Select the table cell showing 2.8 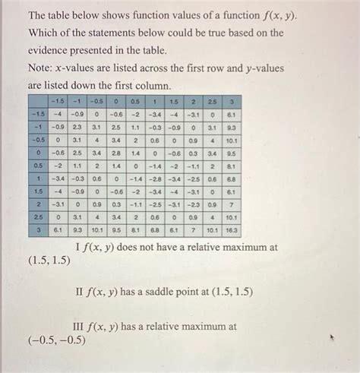pyautogui.click(x=116, y=152)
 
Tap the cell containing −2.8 pyautogui.click(x=154, y=178)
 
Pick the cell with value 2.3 pyautogui.click(x=77, y=126)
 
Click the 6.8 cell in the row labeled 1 pyautogui.click(x=232, y=178)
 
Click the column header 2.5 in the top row pyautogui.click(x=213, y=100)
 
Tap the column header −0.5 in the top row pyautogui.click(x=96, y=100)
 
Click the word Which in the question pyautogui.click(x=44, y=33)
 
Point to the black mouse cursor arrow pyautogui.click(x=332, y=335)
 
